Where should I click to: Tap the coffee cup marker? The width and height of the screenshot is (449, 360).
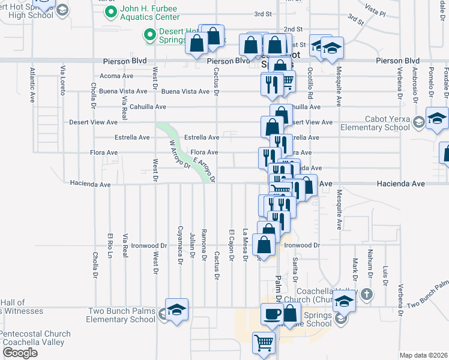pyautogui.click(x=271, y=314)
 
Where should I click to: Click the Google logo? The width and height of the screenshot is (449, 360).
pyautogui.click(x=20, y=353)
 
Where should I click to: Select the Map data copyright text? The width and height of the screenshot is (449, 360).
pyautogui.click(x=424, y=355)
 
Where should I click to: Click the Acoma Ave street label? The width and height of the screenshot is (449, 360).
pyautogui.click(x=116, y=76)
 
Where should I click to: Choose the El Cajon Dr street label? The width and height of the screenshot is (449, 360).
pyautogui.click(x=231, y=245)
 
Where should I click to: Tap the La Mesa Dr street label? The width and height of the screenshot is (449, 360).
pyautogui.click(x=245, y=245)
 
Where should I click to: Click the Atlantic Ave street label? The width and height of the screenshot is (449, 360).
pyautogui.click(x=32, y=85)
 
